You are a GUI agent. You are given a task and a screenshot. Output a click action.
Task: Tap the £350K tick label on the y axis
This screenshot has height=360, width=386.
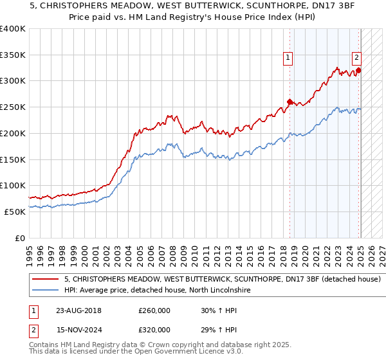click(13, 55)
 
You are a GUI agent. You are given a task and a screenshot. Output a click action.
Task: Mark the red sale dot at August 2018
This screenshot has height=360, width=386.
click(289, 102)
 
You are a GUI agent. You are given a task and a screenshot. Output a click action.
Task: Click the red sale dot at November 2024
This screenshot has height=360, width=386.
click(358, 70)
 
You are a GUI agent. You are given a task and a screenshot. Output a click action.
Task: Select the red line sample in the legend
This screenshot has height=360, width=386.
click(46, 280)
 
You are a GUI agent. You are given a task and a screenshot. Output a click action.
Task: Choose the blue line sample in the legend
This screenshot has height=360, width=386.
click(46, 291)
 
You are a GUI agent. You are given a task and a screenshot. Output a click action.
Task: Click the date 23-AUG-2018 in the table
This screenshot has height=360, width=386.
click(83, 310)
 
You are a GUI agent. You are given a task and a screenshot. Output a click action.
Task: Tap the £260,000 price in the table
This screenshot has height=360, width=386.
click(154, 310)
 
